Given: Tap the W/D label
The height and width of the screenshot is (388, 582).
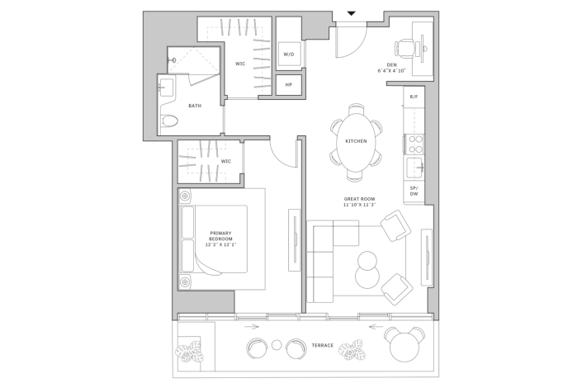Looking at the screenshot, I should tap(289, 54).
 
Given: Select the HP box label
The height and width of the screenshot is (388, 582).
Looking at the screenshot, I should tap(289, 84).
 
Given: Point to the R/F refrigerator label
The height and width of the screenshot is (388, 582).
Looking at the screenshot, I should tap(414, 97).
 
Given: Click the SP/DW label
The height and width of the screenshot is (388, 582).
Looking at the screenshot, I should tap(414, 192).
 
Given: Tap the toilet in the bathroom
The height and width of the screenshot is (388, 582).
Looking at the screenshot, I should tap(169, 121).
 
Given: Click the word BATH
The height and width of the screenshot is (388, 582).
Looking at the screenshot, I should tap(195, 106).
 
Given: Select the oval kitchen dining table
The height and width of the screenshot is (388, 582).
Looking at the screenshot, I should tap(357, 142).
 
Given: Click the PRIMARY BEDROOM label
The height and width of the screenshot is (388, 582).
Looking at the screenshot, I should tap(222, 238).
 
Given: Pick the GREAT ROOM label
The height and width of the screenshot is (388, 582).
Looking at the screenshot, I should tap(360, 202).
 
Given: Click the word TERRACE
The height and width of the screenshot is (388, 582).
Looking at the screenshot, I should tap(322, 345).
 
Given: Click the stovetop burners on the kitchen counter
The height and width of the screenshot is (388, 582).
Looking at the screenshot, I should tap(413, 144).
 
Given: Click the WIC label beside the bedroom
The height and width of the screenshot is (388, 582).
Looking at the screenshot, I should tap(225, 161).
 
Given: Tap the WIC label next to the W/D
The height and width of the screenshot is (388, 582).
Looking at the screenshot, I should tap(240, 64).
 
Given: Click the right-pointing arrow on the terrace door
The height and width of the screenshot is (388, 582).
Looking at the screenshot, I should tap(253, 327).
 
